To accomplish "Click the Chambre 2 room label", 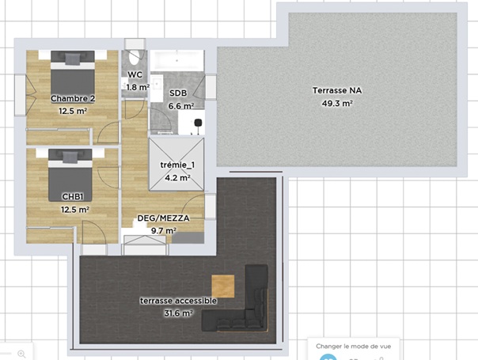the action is coord(73,98).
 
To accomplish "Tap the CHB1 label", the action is coord(73,196).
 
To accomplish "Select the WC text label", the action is coord(135,74).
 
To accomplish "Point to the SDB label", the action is coord(178,93).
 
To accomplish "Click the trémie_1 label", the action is coord(177,165).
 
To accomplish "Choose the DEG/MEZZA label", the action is coord(163,218).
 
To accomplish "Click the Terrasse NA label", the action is coord(337,90).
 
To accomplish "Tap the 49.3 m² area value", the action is coord(337,104).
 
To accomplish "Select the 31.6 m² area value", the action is coord(178,313).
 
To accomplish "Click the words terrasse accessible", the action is coord(178,301).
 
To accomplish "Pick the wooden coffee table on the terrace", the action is coord(223,286).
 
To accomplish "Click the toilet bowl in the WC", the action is coord(135,56).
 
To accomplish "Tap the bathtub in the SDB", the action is coord(177,61).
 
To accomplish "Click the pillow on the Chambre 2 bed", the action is coord(73,59).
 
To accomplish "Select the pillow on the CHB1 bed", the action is coord(70,157).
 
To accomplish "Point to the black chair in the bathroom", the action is coord(198,123).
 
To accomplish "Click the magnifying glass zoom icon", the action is coord(21,354).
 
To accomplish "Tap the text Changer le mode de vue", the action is coord(353,347).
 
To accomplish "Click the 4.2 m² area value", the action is coord(177,177).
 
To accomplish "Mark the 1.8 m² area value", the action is coord(138,88).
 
